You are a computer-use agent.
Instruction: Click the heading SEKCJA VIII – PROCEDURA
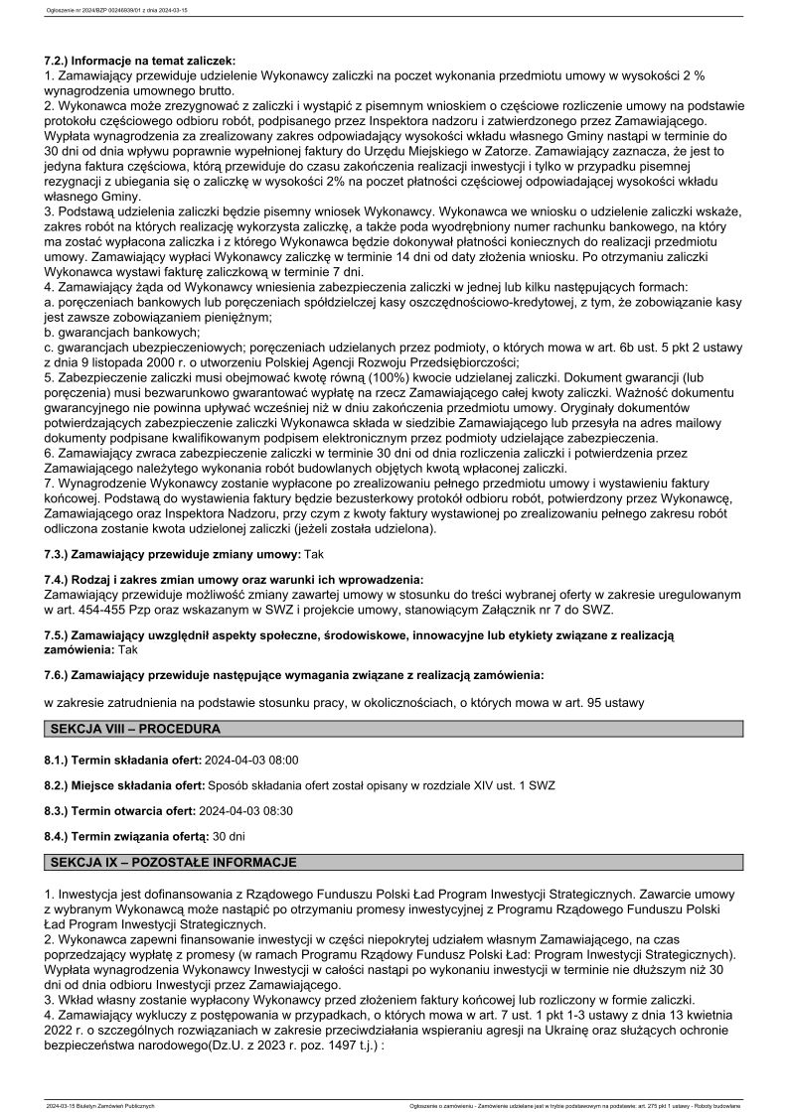(x=134, y=729)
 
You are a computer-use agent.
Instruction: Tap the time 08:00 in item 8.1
(x=281, y=760)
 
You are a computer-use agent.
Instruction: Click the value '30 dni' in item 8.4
(x=230, y=836)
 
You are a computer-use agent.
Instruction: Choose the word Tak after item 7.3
(x=314, y=552)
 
